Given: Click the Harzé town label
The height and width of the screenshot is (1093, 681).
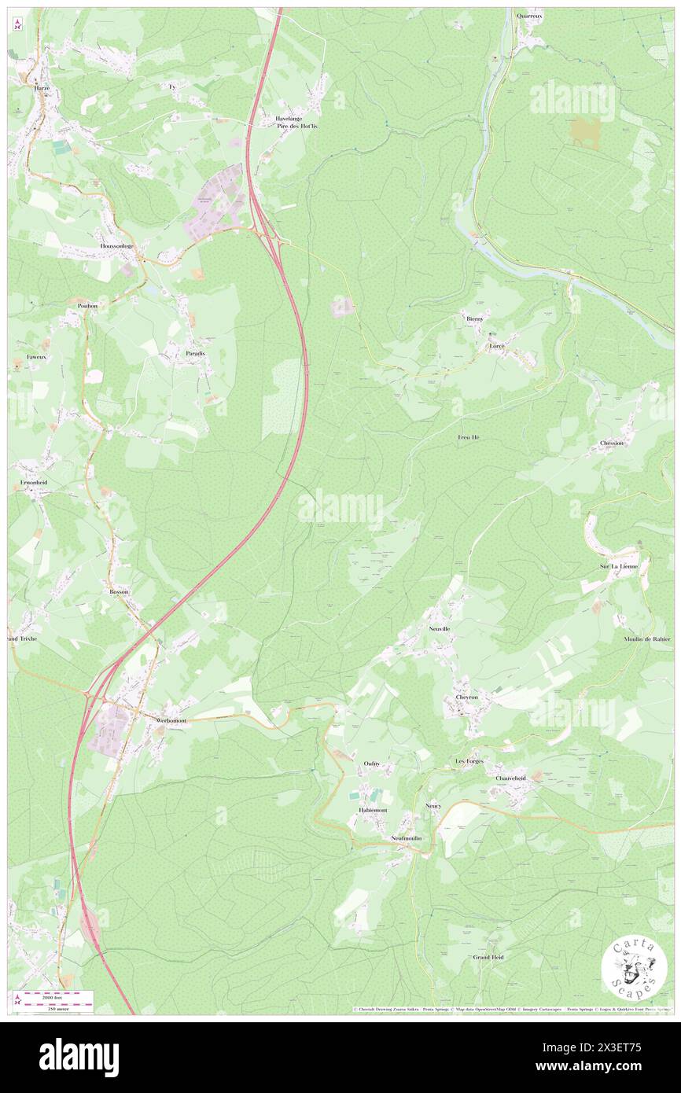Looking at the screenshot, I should (x=42, y=89).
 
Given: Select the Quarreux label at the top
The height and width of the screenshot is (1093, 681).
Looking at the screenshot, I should (x=531, y=15).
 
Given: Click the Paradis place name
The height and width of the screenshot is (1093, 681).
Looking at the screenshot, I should (x=195, y=354).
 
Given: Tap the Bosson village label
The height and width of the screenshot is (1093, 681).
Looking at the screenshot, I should (x=120, y=591).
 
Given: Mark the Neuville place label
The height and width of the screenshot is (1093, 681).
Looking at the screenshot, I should (x=439, y=629).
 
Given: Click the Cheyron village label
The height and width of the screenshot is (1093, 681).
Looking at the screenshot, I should (x=466, y=697).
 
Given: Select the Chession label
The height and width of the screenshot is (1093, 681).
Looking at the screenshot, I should (x=611, y=443).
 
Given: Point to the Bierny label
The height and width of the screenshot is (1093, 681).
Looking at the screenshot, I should (x=473, y=319).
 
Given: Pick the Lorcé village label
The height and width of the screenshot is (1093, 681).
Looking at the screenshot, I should (x=496, y=346).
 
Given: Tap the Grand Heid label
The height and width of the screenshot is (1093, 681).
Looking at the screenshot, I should (x=488, y=957).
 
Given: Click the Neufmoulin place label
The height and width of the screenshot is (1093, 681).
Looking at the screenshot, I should (x=406, y=838).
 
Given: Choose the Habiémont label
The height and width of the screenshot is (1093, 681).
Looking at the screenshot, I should (x=370, y=810).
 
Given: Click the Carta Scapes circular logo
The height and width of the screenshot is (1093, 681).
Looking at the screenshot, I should (x=634, y=968).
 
